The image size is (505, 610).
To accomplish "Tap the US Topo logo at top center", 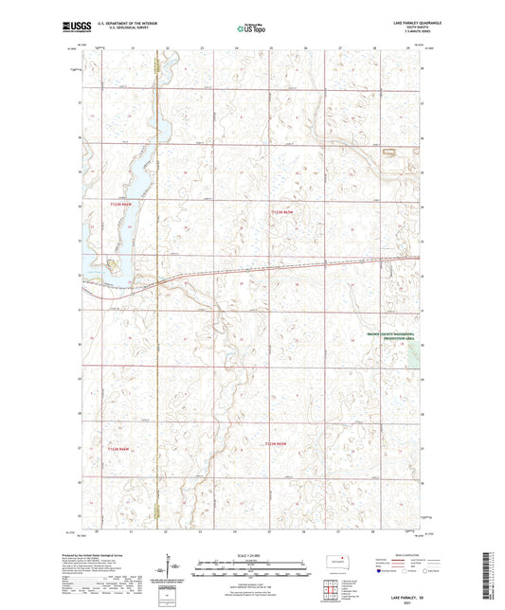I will pos(250,27).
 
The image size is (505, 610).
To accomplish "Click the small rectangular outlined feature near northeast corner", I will pos(388,152).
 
